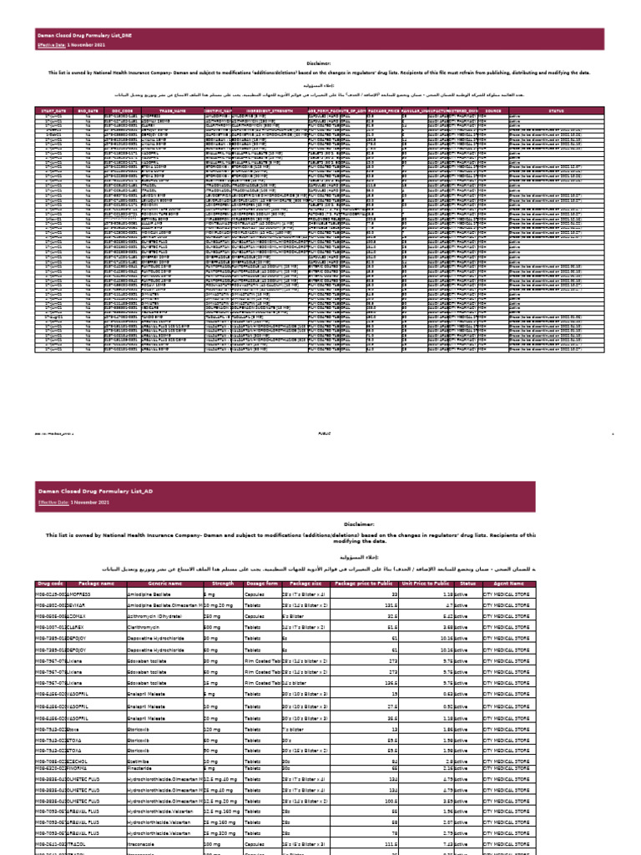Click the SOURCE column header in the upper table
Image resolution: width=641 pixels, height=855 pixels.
[x=493, y=109]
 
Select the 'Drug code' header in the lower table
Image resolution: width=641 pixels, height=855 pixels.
[x=51, y=584]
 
